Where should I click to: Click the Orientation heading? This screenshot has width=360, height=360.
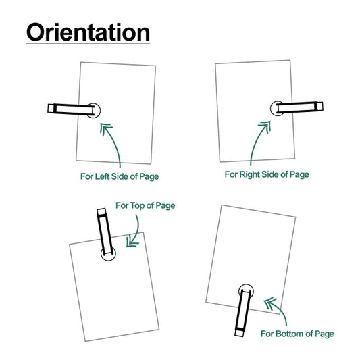click(x=88, y=32)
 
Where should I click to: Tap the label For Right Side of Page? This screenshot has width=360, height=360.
click(x=267, y=174)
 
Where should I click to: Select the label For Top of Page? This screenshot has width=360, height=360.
click(x=145, y=205)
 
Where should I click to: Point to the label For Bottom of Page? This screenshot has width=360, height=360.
click(x=297, y=334)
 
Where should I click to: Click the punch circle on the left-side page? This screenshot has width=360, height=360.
click(x=93, y=109)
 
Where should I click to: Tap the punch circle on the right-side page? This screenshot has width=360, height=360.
click(x=278, y=107)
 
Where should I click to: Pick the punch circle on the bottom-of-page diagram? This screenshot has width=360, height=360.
click(x=246, y=290)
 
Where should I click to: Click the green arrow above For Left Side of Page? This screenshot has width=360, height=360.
click(x=113, y=142)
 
